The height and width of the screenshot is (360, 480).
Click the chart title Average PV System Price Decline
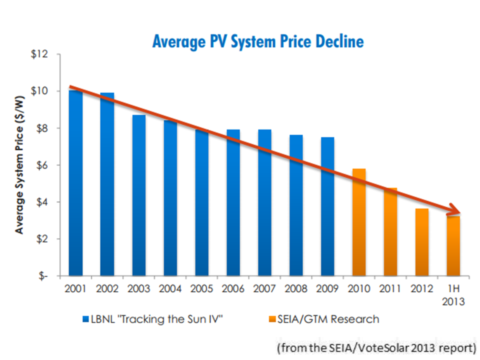click(258, 41)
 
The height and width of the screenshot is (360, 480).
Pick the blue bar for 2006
click(233, 202)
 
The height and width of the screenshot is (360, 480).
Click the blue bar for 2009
click(328, 206)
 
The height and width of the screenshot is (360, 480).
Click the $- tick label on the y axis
click(46, 276)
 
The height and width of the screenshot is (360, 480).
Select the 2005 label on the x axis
click(202, 288)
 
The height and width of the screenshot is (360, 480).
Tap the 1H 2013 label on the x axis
click(453, 294)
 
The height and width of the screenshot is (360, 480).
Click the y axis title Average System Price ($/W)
click(20, 165)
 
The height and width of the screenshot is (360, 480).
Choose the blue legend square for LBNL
click(86, 318)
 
